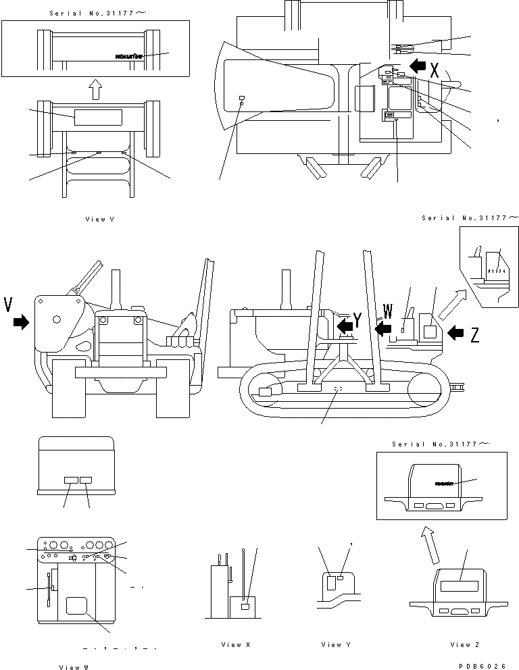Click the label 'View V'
point(99,220)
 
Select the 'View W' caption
point(73,667)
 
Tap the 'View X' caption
point(236,645)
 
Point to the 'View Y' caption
point(336,645)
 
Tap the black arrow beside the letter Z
point(456,332)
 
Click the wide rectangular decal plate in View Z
point(462,575)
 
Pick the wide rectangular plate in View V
point(98,117)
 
